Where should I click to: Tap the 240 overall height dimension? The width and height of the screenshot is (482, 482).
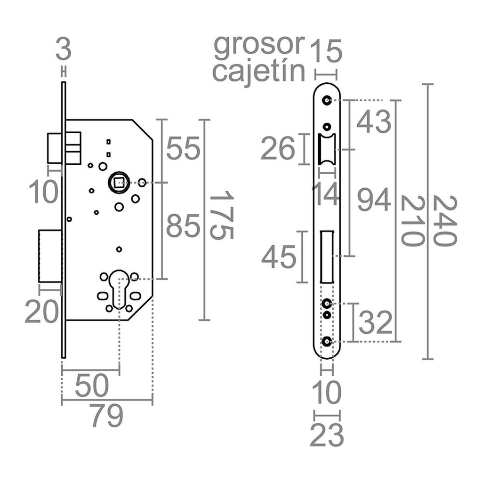tap(444, 221)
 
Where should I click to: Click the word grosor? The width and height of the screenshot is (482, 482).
tap(259, 45)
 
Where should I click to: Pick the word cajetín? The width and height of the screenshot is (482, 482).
tap(259, 72)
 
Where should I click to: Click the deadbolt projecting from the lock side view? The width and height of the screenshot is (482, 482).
tap(50, 257)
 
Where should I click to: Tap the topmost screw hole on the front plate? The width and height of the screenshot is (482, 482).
tap(326, 100)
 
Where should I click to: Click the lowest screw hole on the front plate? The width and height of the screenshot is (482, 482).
tap(326, 341)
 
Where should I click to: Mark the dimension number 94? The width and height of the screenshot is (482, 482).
tap(374, 201)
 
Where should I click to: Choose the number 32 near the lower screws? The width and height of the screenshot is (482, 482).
tap(375, 323)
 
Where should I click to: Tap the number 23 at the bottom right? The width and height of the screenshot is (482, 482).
tap(327, 436)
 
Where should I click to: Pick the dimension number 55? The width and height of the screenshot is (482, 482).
tap(184, 149)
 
